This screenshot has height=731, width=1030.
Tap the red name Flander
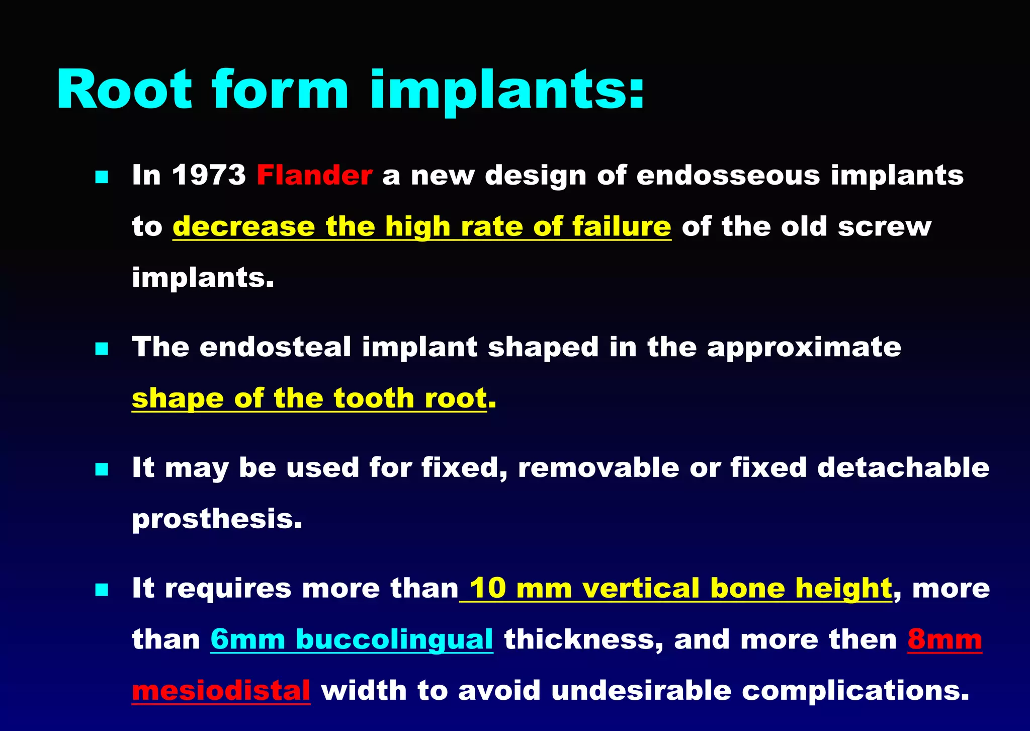[x=314, y=175]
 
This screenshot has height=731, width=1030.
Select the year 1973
[x=209, y=175]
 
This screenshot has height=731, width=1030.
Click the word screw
[x=885, y=226]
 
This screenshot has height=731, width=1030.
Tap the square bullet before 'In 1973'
[x=102, y=177]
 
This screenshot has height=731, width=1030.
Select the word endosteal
[x=275, y=347]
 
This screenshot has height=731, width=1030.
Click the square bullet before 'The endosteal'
[x=102, y=349]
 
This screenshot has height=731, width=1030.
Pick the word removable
[x=598, y=468]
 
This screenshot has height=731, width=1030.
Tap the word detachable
[x=903, y=468]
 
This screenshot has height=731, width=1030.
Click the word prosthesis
[x=217, y=519]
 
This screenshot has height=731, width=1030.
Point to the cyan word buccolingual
[x=394, y=639]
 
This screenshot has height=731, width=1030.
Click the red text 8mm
[x=945, y=639]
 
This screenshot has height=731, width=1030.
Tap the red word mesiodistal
[x=221, y=690]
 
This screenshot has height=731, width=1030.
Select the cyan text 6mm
[x=248, y=639]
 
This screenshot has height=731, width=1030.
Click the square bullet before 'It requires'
[x=102, y=590]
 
